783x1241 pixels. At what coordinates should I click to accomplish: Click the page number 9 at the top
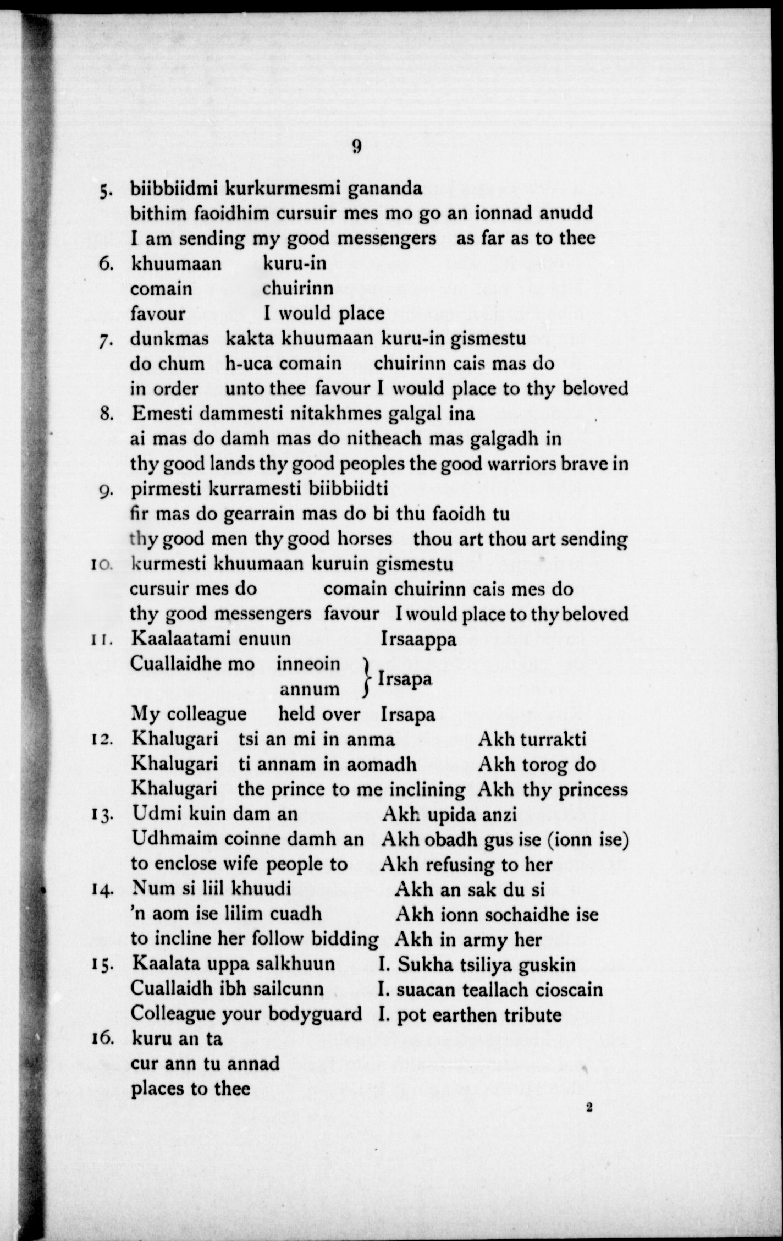pos(356,146)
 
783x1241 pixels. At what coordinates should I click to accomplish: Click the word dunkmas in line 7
pos(169,338)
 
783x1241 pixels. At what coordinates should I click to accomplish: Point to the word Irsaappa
pos(418,639)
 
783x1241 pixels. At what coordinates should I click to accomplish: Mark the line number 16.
pos(103,1039)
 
